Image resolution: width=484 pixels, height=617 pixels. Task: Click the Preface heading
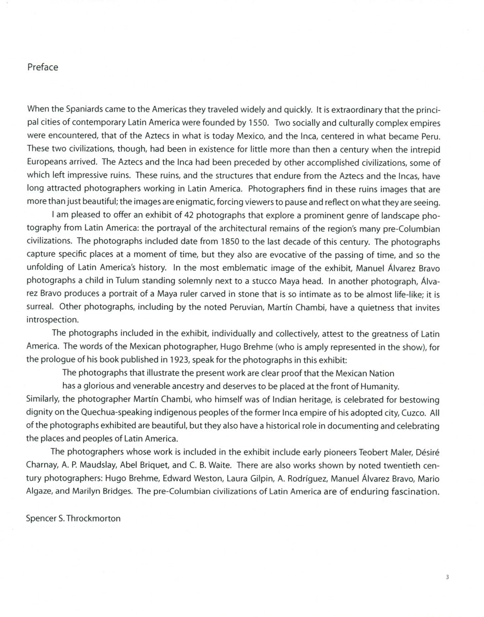pyautogui.click(x=42, y=67)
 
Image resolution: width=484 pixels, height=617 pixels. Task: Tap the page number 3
pyautogui.click(x=447, y=577)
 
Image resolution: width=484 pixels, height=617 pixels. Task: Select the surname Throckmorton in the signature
pyautogui.click(x=94, y=518)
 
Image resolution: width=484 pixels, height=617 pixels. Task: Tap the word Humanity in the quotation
pyautogui.click(x=377, y=386)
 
